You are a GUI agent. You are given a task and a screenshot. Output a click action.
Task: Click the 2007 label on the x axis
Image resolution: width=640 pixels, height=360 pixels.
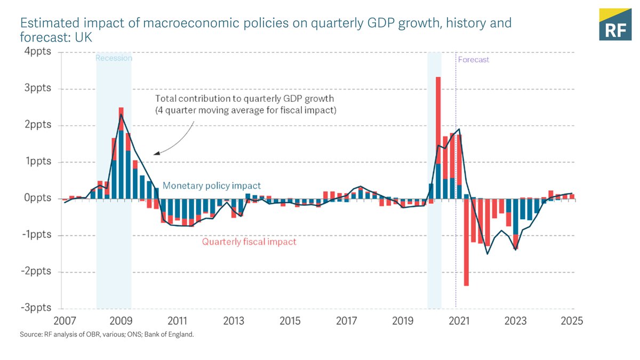coord(64,321)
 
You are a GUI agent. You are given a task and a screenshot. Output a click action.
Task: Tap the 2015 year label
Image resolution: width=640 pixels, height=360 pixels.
coord(290,321)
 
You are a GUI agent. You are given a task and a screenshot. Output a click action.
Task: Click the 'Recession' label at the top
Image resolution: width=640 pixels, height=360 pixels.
coord(114,58)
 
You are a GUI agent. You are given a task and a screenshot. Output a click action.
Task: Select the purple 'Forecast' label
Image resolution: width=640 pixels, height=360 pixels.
coord(474,60)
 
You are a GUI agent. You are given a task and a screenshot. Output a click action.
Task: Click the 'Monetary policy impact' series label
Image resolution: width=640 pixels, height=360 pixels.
coord(212,186)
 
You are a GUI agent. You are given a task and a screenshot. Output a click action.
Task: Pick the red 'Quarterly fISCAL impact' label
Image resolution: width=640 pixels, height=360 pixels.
coord(249,242)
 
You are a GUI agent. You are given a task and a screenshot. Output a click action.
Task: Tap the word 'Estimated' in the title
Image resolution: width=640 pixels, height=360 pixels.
coord(44,23)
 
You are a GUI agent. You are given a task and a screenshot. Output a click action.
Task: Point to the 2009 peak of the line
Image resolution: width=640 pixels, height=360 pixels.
coord(121,114)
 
